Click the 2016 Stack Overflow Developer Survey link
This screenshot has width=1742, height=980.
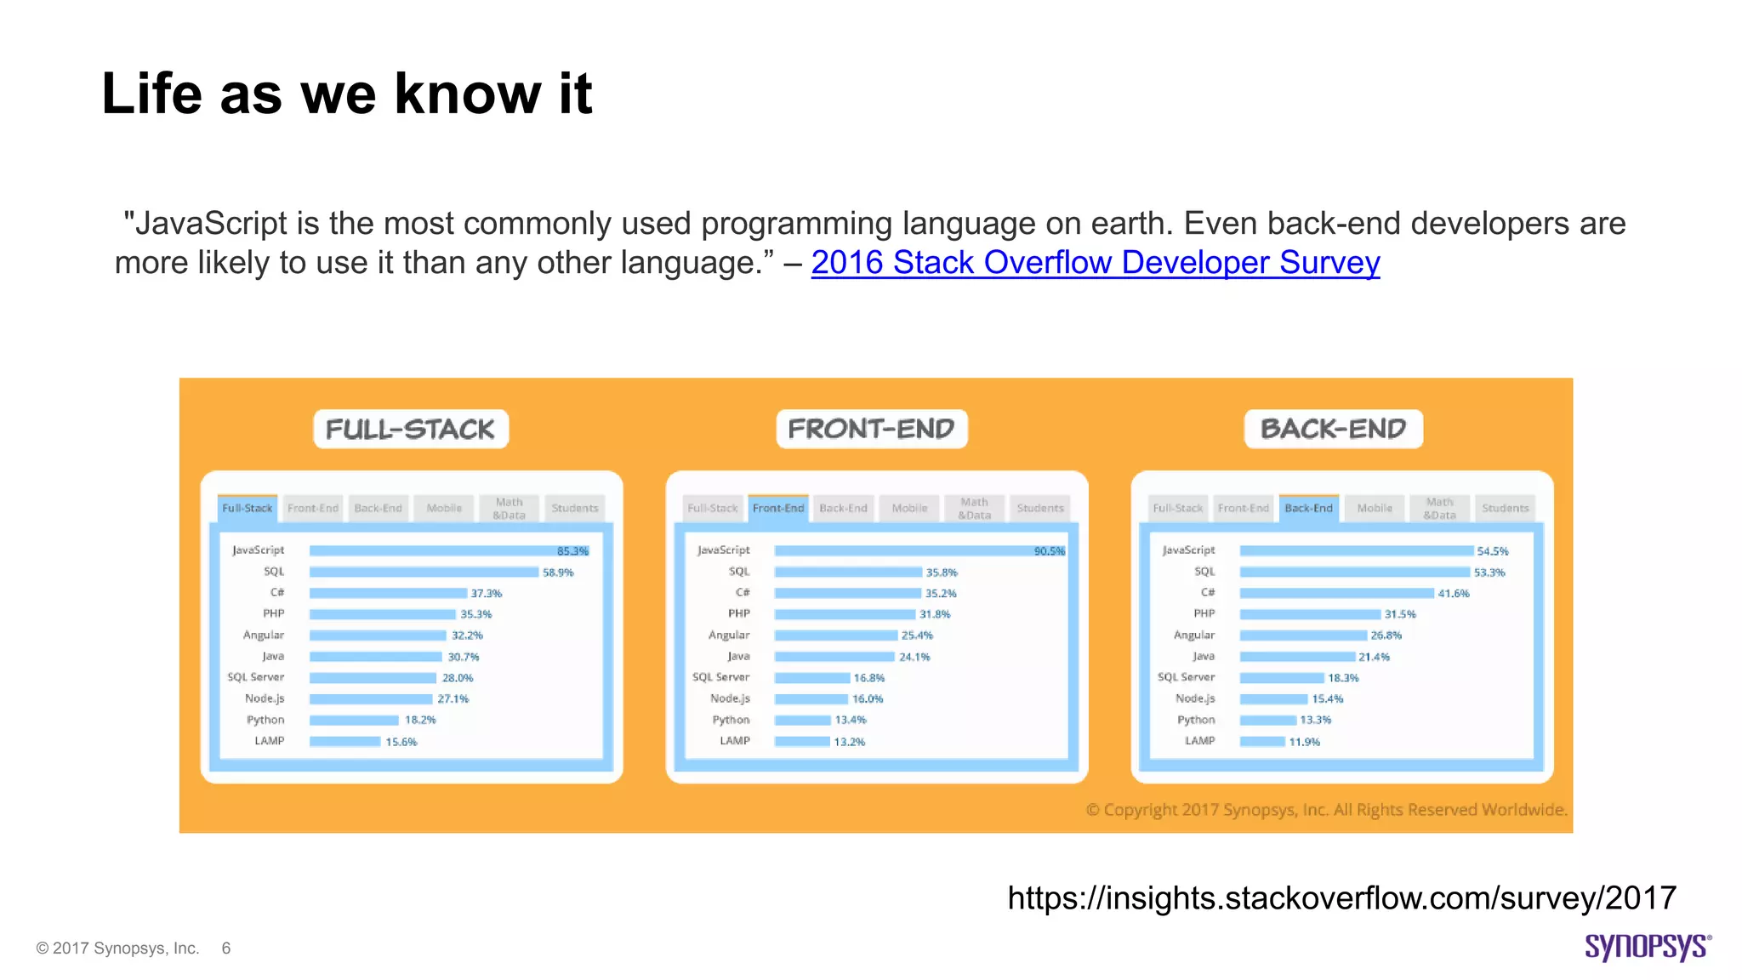(x=1095, y=263)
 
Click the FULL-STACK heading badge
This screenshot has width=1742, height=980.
(x=411, y=429)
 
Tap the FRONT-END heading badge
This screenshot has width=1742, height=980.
(x=871, y=429)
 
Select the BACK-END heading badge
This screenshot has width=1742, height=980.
(x=1333, y=429)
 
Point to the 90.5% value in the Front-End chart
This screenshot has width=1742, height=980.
(x=1049, y=551)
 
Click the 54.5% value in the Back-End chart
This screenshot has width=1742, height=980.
(x=1492, y=551)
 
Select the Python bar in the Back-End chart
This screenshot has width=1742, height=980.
(x=1267, y=720)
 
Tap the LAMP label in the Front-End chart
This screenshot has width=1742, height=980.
(x=735, y=741)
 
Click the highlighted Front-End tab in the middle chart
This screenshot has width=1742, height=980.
(x=778, y=508)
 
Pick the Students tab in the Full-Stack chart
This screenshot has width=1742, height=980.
(x=575, y=508)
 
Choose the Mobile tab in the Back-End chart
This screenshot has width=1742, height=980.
(x=1375, y=508)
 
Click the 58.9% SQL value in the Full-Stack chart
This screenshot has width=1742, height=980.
(x=558, y=573)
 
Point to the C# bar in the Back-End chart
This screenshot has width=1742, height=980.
(x=1336, y=593)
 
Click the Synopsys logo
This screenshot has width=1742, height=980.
(x=1647, y=947)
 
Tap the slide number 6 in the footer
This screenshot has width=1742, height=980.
(x=226, y=948)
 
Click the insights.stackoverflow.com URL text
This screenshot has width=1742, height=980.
(x=1341, y=898)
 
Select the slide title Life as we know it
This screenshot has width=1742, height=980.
(x=346, y=93)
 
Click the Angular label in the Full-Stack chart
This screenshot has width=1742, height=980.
(x=264, y=635)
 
